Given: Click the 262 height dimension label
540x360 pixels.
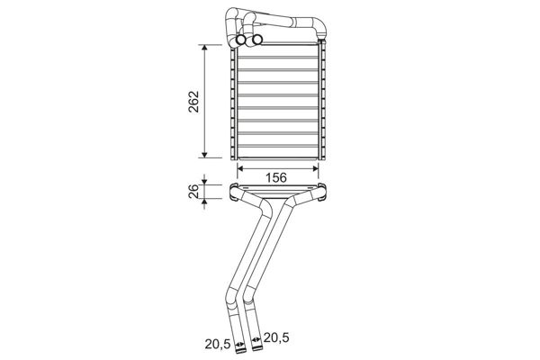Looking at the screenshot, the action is point(193,102).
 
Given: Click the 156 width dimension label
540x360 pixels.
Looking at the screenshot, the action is point(276,178).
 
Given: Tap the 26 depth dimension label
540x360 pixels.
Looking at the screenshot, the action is point(194,191).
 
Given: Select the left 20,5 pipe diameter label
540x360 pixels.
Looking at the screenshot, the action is point(218,344).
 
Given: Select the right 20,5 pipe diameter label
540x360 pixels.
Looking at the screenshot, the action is point(276,338).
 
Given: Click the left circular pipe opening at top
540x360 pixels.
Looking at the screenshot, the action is point(241,40).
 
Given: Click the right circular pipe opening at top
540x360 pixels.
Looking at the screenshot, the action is point(256,40).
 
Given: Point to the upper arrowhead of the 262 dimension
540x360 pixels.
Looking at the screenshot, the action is point(204,49).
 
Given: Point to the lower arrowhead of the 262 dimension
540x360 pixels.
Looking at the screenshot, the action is point(204,154).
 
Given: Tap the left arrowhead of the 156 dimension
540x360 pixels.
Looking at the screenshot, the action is point(240,168).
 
